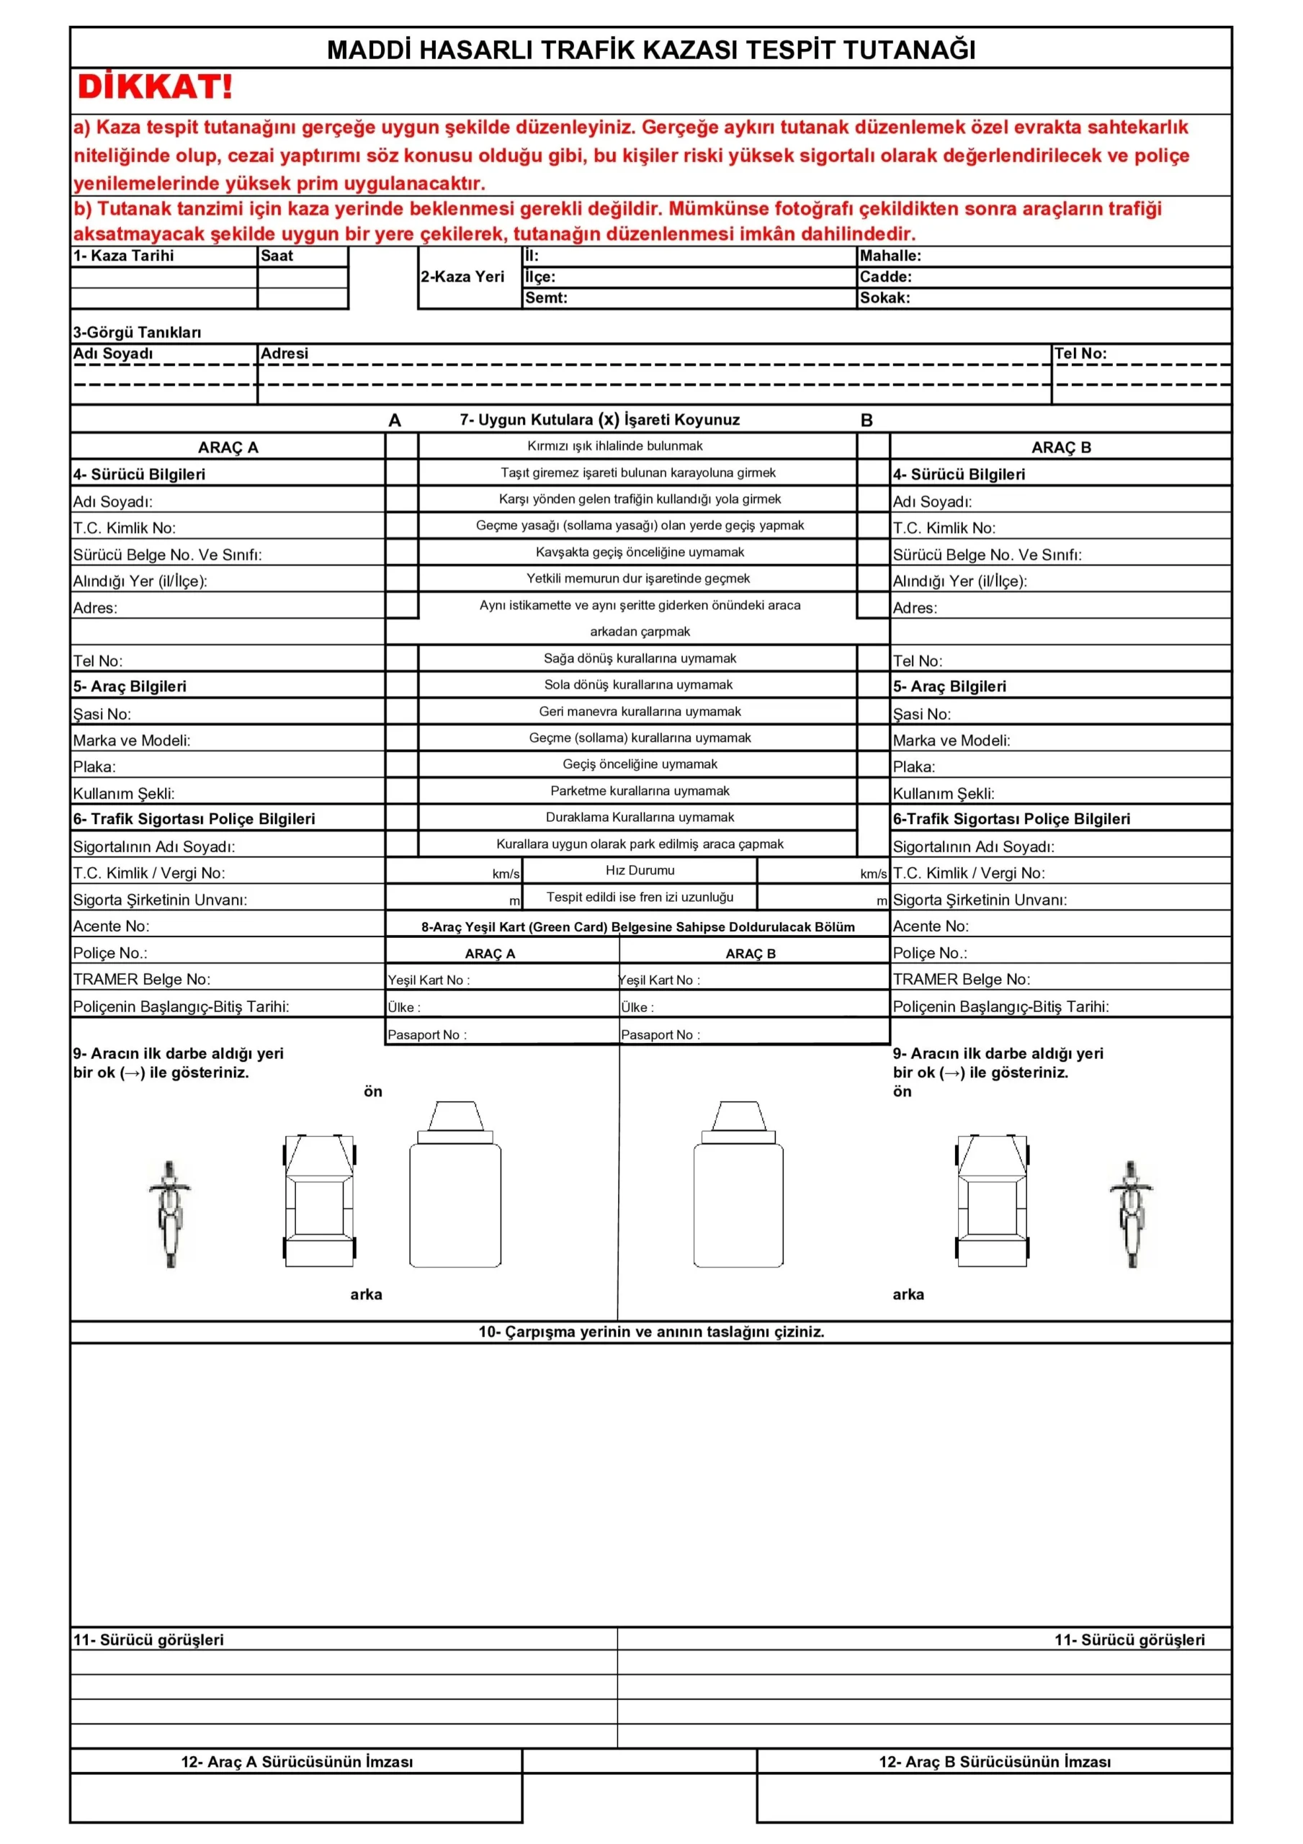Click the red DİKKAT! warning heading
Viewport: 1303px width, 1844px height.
coord(154,86)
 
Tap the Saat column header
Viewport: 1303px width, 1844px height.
coord(277,256)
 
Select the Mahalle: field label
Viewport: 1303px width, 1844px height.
coord(890,256)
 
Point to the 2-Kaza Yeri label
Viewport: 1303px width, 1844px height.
coord(462,277)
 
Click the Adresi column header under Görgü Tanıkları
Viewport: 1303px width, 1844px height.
coord(285,354)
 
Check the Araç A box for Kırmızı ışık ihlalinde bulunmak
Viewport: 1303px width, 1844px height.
coord(402,447)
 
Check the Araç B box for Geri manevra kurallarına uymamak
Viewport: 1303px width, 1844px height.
coord(873,712)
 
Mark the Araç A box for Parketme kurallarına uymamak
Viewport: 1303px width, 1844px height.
coord(402,791)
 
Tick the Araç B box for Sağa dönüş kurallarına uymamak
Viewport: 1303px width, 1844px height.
coord(873,658)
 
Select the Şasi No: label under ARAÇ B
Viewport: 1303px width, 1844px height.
coord(921,714)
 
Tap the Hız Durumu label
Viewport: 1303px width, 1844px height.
coord(640,871)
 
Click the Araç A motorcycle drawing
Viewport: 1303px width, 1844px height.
coord(169,1214)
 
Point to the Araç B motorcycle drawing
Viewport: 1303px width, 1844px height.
coord(1130,1214)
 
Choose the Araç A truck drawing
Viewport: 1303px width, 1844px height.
coord(455,1186)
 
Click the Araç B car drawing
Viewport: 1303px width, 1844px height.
coord(991,1201)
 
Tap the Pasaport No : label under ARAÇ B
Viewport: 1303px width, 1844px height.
coord(660,1035)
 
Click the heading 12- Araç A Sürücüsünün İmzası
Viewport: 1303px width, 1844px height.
coord(297,1762)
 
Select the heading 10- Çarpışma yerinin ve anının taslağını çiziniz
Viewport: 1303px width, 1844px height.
coord(650,1332)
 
